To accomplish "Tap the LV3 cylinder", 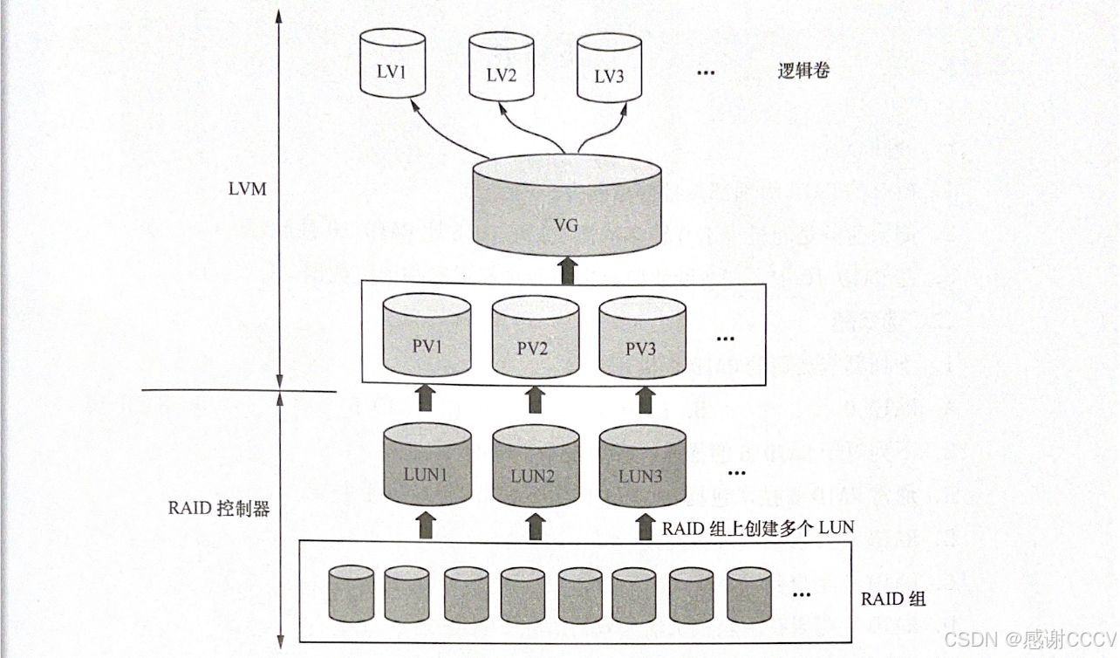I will [x=609, y=70].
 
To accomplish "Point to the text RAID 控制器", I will [x=218, y=509].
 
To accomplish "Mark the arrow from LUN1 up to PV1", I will [x=427, y=399].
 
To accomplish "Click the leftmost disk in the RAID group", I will [x=352, y=593].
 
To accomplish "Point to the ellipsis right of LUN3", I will [x=736, y=474].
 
